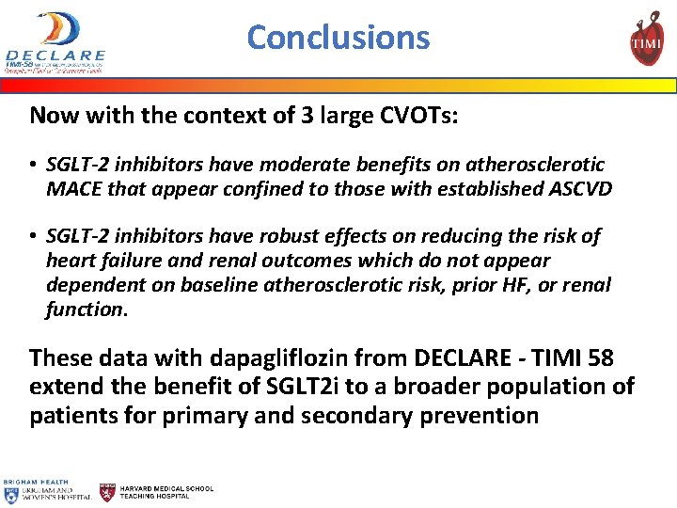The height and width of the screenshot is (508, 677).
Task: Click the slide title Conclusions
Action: point(338,37)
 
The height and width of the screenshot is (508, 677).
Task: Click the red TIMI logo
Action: point(646,39)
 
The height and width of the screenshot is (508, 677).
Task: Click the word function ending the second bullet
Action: point(85,309)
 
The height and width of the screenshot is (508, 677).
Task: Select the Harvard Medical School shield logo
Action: point(108,492)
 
